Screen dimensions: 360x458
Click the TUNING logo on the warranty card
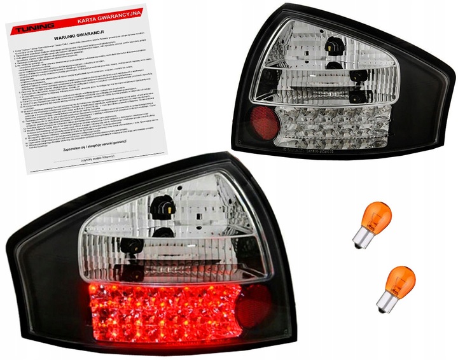pos(32,29)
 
